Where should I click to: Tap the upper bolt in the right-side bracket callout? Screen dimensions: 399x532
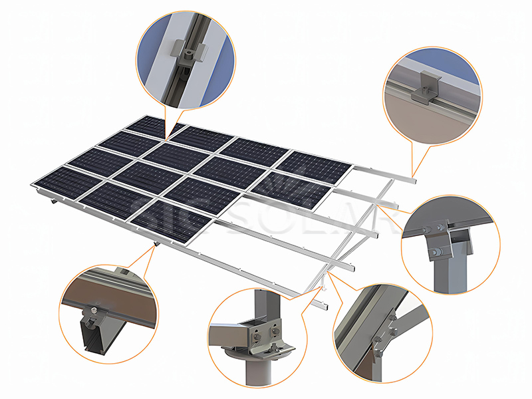tap(440, 229)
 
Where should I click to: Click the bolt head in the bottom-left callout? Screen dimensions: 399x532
tap(98, 309)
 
